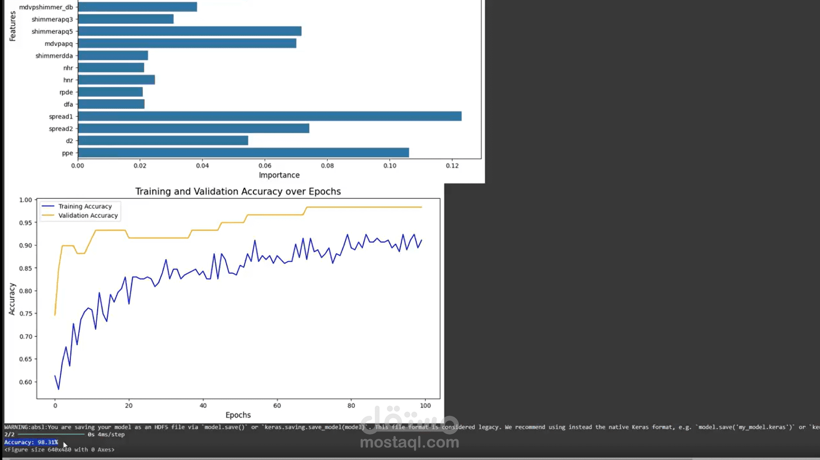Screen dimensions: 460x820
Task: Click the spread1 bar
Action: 270,116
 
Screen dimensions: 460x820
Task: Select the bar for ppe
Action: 243,153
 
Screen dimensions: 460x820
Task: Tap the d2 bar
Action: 163,141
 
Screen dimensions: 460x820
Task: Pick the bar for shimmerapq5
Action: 190,31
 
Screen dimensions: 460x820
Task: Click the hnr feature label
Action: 68,80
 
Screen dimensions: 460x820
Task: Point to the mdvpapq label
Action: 59,44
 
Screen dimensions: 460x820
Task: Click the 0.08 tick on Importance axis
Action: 327,166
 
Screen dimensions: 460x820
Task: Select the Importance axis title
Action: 279,175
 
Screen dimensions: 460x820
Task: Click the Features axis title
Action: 12,26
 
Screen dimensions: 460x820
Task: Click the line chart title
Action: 238,192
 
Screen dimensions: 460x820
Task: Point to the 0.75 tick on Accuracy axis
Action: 25,314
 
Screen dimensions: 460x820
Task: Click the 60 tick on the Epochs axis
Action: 277,406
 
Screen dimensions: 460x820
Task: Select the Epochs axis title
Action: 238,415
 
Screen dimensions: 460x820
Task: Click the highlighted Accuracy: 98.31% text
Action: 31,442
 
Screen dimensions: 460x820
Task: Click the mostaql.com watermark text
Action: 409,442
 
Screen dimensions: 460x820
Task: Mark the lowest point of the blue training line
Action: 59,389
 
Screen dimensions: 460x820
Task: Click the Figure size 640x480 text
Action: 59,450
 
